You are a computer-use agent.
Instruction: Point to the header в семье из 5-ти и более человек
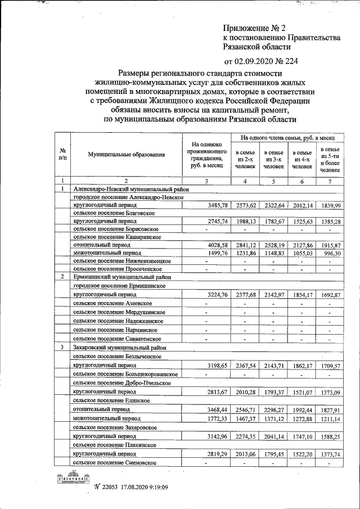(x=330, y=159)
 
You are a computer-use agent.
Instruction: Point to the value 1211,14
(x=330, y=419)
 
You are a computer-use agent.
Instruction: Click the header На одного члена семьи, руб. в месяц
(x=287, y=137)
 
